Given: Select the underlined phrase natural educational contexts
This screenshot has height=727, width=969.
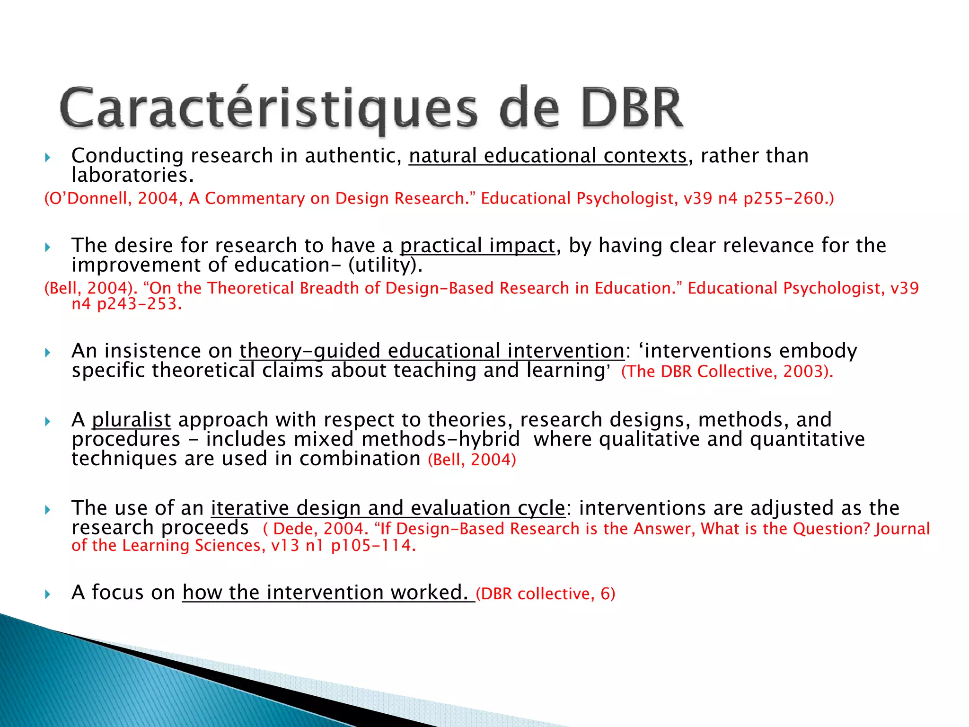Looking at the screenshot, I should (x=548, y=156).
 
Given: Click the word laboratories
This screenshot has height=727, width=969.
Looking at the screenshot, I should (x=132, y=176).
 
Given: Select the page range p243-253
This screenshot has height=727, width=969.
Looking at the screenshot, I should (x=139, y=304).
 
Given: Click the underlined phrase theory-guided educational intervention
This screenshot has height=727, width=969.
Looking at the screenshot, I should (x=432, y=351).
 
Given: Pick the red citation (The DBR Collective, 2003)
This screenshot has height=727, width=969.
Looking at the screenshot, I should (x=727, y=372).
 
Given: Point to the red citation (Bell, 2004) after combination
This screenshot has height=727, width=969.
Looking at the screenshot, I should (x=472, y=460).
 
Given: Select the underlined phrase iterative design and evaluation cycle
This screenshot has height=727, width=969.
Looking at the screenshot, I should (x=388, y=508).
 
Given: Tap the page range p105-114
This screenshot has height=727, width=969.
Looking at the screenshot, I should (x=373, y=546).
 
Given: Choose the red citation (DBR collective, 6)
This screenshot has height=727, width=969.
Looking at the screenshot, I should (x=545, y=594).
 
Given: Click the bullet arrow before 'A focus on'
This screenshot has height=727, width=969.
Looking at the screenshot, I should (x=47, y=594).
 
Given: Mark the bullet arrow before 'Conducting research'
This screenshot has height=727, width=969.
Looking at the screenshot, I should (x=47, y=157).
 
